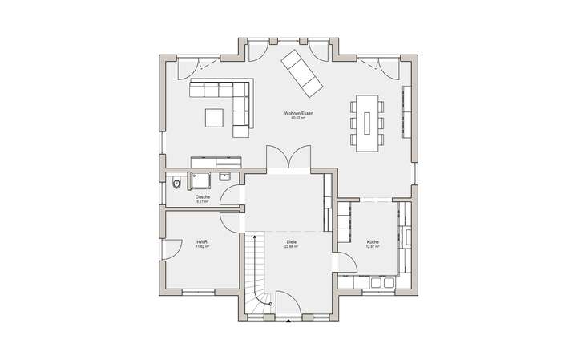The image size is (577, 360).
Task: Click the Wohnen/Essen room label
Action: (x=293, y=114)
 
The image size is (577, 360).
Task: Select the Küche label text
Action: (x=373, y=241)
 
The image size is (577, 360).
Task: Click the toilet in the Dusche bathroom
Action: (x=176, y=183)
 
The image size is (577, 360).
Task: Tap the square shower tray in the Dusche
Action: (x=200, y=179)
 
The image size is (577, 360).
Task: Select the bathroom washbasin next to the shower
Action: (x=225, y=177)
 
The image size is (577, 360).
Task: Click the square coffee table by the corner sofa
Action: (x=214, y=118)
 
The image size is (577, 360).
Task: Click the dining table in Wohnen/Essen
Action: (x=367, y=121)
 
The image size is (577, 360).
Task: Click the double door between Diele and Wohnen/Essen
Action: (x=286, y=157)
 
